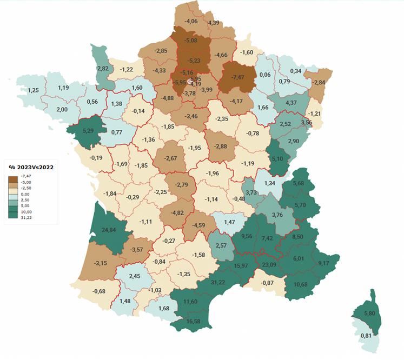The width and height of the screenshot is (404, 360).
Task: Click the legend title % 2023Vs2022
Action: point(30,167)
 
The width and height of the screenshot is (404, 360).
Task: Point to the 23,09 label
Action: point(268,265)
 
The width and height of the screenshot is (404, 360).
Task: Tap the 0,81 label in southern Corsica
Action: point(366,336)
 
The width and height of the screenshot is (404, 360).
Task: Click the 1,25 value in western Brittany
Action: point(34,90)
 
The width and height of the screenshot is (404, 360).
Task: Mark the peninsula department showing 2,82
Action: point(103,69)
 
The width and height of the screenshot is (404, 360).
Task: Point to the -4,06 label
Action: point(191,21)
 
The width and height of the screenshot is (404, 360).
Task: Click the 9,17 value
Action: point(323,263)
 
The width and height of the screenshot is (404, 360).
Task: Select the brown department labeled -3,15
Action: point(101,263)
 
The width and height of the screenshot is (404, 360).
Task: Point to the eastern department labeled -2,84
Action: point(319,82)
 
